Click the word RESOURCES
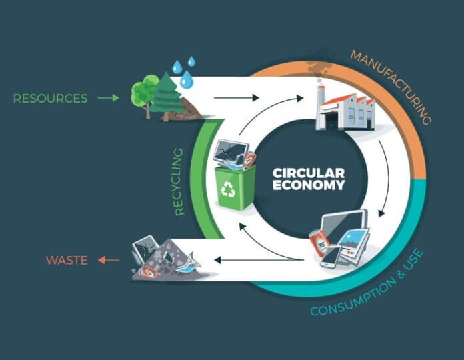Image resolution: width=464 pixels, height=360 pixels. pos(50,99)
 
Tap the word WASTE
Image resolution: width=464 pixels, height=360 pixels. pos(67,260)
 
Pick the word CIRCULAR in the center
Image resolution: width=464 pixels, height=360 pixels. pos(309,173)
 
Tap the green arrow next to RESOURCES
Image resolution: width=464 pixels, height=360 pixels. pos(109,99)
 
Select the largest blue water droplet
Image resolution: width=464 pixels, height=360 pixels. pos(187,81)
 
